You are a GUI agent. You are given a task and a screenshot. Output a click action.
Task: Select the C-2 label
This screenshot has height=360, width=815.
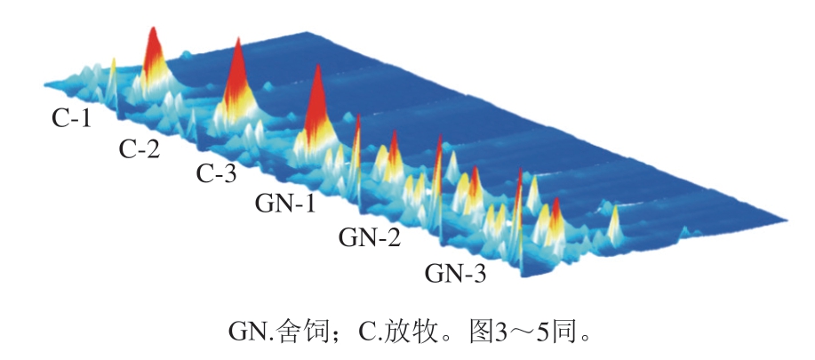click(x=140, y=148)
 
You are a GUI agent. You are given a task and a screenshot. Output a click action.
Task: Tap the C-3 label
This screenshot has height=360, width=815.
click(x=216, y=173)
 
